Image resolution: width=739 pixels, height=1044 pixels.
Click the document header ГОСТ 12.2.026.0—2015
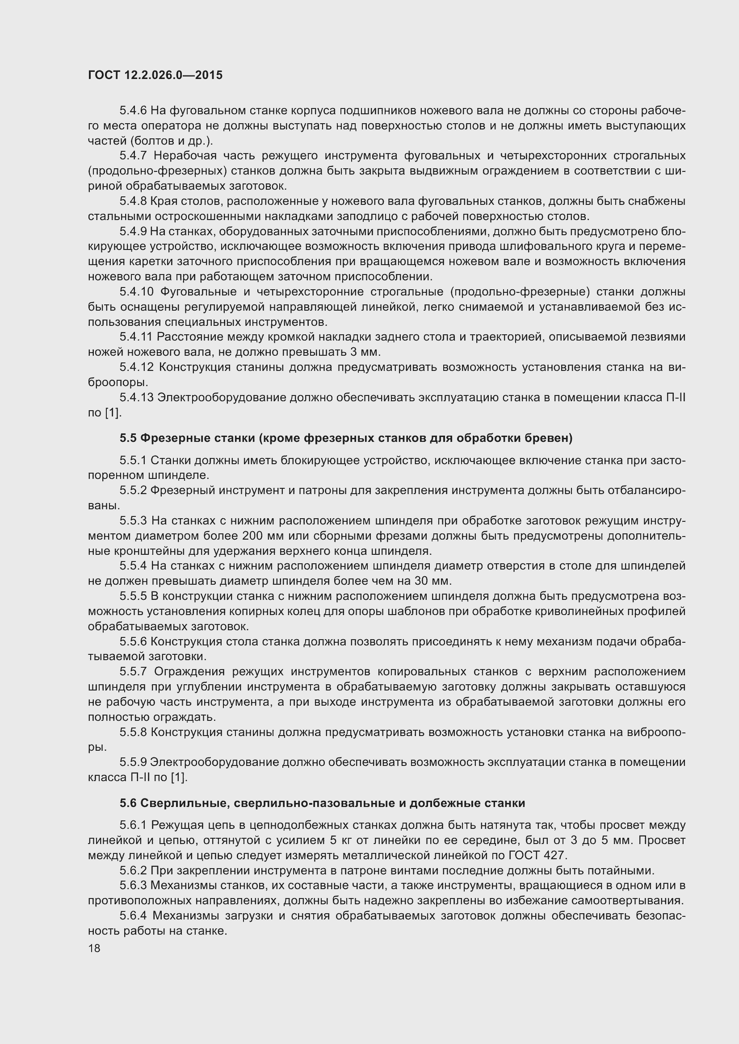point(155,75)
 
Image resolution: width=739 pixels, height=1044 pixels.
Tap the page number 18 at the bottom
point(94,948)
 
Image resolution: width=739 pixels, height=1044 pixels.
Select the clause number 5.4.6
point(133,111)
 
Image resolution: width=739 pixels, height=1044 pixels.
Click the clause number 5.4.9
point(133,232)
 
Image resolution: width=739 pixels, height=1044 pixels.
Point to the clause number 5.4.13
point(137,397)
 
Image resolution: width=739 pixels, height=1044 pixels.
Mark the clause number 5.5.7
point(133,672)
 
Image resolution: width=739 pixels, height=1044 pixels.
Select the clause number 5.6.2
point(133,870)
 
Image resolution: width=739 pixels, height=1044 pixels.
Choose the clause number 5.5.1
point(133,460)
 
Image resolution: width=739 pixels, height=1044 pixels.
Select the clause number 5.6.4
point(133,915)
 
